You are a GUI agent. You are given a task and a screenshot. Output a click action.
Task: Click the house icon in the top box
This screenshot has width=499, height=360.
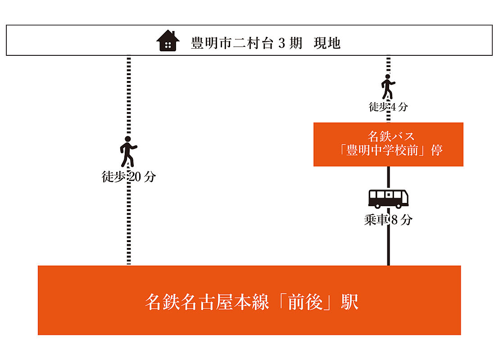pos(168,41)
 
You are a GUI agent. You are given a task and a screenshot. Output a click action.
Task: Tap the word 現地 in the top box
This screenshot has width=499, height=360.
pos(327,44)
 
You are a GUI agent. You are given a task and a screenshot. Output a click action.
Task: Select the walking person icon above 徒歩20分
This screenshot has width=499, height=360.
pos(128,151)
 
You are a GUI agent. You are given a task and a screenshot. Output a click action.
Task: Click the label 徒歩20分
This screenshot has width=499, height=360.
pos(128,177)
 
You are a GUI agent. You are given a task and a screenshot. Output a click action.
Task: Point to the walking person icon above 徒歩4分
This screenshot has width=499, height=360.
pos(388,87)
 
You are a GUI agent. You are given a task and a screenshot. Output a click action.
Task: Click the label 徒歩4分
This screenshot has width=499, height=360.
pos(388,107)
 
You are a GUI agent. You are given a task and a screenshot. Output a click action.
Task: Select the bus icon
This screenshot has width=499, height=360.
pos(389,198)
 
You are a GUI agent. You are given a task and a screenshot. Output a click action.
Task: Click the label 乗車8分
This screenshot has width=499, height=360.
pos(388,220)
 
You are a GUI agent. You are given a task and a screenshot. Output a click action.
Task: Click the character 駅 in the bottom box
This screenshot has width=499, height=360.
pos(350,301)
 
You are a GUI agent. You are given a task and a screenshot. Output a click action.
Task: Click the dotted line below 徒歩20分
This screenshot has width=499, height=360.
pos(129,225)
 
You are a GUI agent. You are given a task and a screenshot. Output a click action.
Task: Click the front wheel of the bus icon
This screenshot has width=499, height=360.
pos(399,206)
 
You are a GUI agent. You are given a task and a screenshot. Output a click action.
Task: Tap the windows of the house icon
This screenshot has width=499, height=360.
pos(168,45)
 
